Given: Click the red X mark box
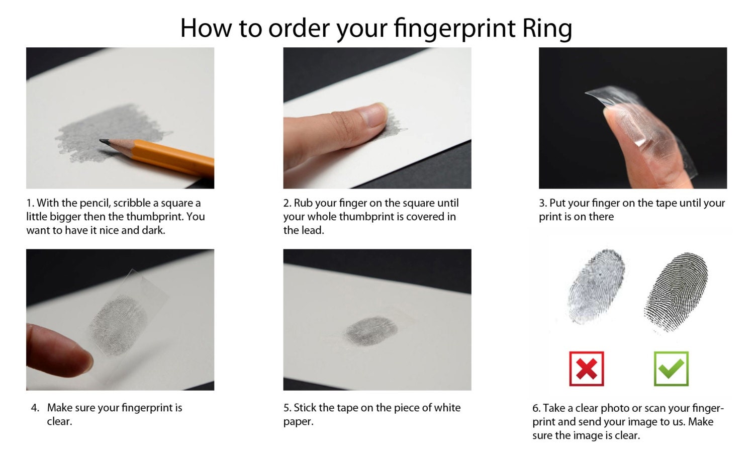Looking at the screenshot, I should pos(586,369).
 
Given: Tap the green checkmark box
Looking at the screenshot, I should pos(671,369).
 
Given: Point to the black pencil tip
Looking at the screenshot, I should pos(105,142).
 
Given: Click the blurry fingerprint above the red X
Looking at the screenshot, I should pos(596,281).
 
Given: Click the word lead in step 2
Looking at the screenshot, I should pos(313,230).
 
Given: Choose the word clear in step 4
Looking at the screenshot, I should pos(59,421).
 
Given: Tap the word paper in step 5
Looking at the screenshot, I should pos(298,421).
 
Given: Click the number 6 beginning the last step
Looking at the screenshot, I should pos(536,408).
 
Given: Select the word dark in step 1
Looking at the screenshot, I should pos(153,230).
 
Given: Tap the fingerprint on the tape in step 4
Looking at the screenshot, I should pos(119,324).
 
